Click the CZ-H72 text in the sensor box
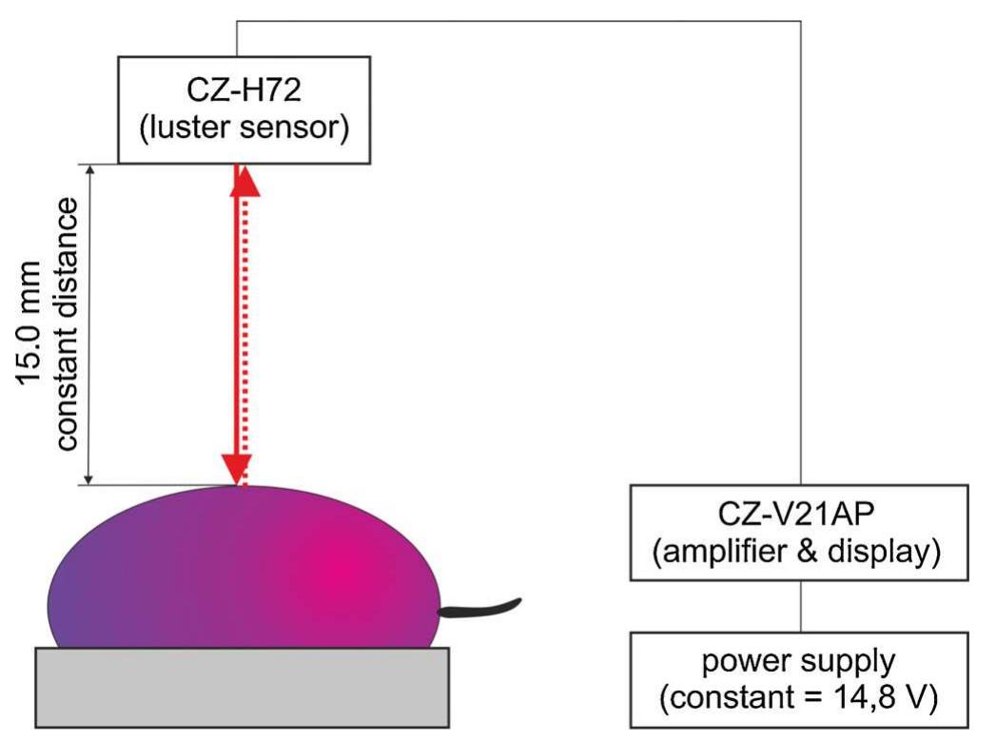tap(243, 92)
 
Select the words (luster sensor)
tap(243, 128)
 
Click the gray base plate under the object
tap(243, 686)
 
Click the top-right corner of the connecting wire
tap(800, 22)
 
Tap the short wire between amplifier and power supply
tap(800, 606)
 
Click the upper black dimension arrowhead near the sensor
tap(89, 171)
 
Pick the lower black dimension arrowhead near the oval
tap(89, 478)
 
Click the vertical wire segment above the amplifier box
tap(800, 285)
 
